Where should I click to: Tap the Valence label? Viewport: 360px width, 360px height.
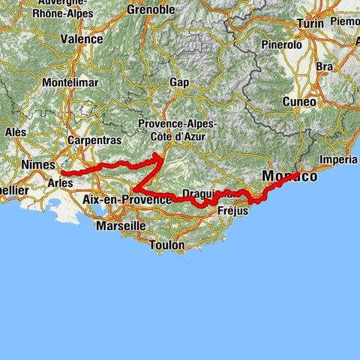pos(81,39)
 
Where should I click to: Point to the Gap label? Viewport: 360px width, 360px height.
pos(178,82)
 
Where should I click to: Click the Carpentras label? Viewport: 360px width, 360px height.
pos(88,140)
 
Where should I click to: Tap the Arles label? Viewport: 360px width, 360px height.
pos(61,182)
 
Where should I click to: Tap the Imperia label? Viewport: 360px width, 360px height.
pos(339,160)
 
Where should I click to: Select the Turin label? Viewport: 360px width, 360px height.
pos(310,24)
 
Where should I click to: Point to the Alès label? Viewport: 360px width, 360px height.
pos(15,131)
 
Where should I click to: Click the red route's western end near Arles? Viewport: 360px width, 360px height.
pos(63,173)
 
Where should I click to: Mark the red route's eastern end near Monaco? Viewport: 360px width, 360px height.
pos(298,173)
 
